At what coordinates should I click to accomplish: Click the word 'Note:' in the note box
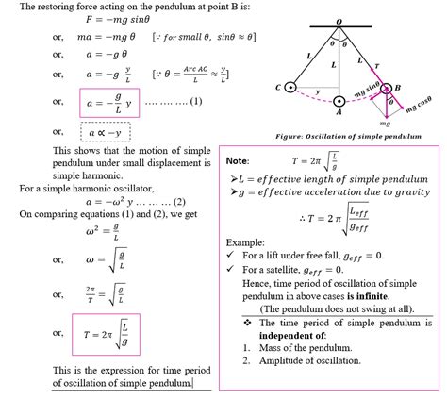238,161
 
